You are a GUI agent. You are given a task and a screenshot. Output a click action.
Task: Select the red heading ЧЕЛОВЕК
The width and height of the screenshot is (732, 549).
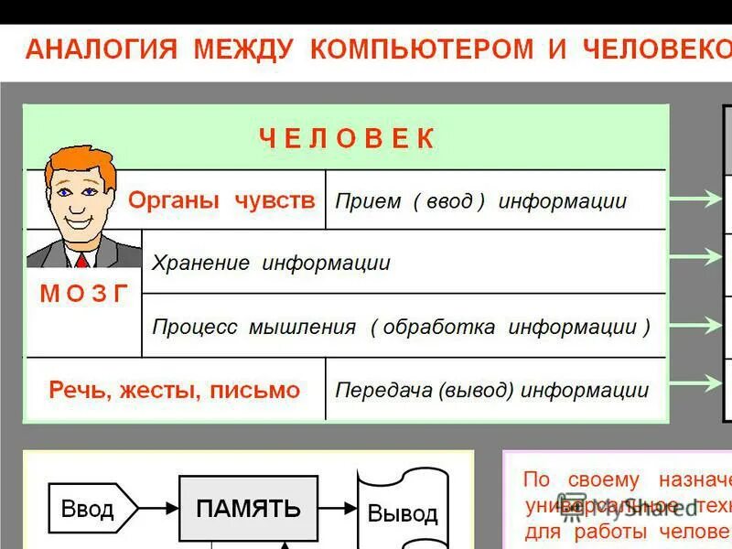347,139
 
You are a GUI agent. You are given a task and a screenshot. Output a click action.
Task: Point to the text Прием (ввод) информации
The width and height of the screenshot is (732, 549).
480,201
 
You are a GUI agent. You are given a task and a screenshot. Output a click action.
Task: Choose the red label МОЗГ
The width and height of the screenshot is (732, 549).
84,294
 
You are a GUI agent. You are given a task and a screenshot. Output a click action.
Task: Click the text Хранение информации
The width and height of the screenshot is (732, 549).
271,264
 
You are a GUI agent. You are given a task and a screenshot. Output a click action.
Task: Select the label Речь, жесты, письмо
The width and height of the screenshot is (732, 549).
174,390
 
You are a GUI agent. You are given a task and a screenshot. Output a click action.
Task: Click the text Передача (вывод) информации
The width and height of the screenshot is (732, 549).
491,390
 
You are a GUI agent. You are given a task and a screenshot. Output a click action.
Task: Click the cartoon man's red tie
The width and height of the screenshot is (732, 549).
82,261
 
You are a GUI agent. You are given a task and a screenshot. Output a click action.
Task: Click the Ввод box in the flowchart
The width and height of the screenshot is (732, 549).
89,508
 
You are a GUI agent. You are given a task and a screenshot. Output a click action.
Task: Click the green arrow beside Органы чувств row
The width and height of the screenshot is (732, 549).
694,198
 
